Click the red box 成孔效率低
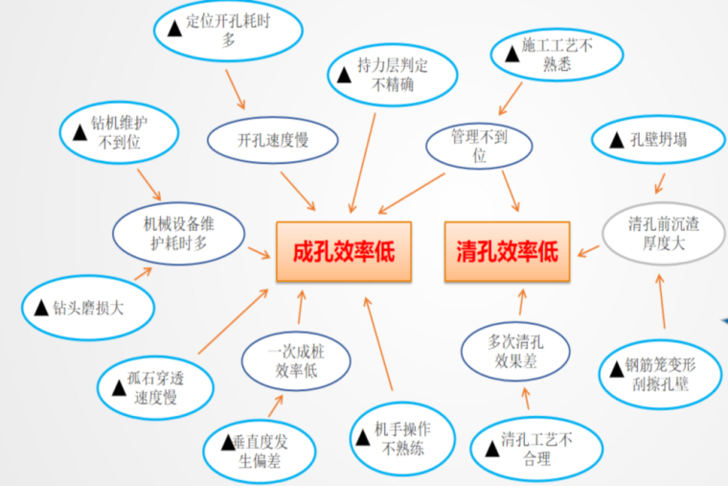coord(344,251)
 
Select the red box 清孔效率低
coord(507,251)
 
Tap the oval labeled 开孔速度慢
coord(273,140)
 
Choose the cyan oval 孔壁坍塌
coord(650,140)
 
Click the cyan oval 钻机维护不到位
coord(120,134)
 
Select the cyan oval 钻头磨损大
coord(88,307)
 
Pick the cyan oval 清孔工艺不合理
coord(535,449)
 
